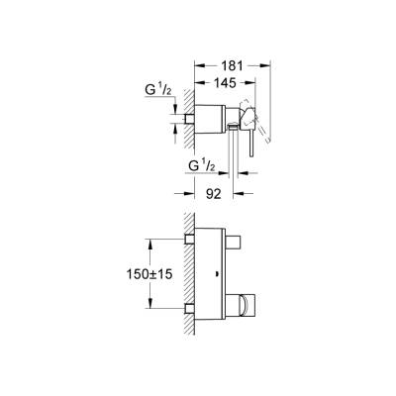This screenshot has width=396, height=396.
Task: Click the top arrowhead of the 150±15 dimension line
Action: [150, 240]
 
